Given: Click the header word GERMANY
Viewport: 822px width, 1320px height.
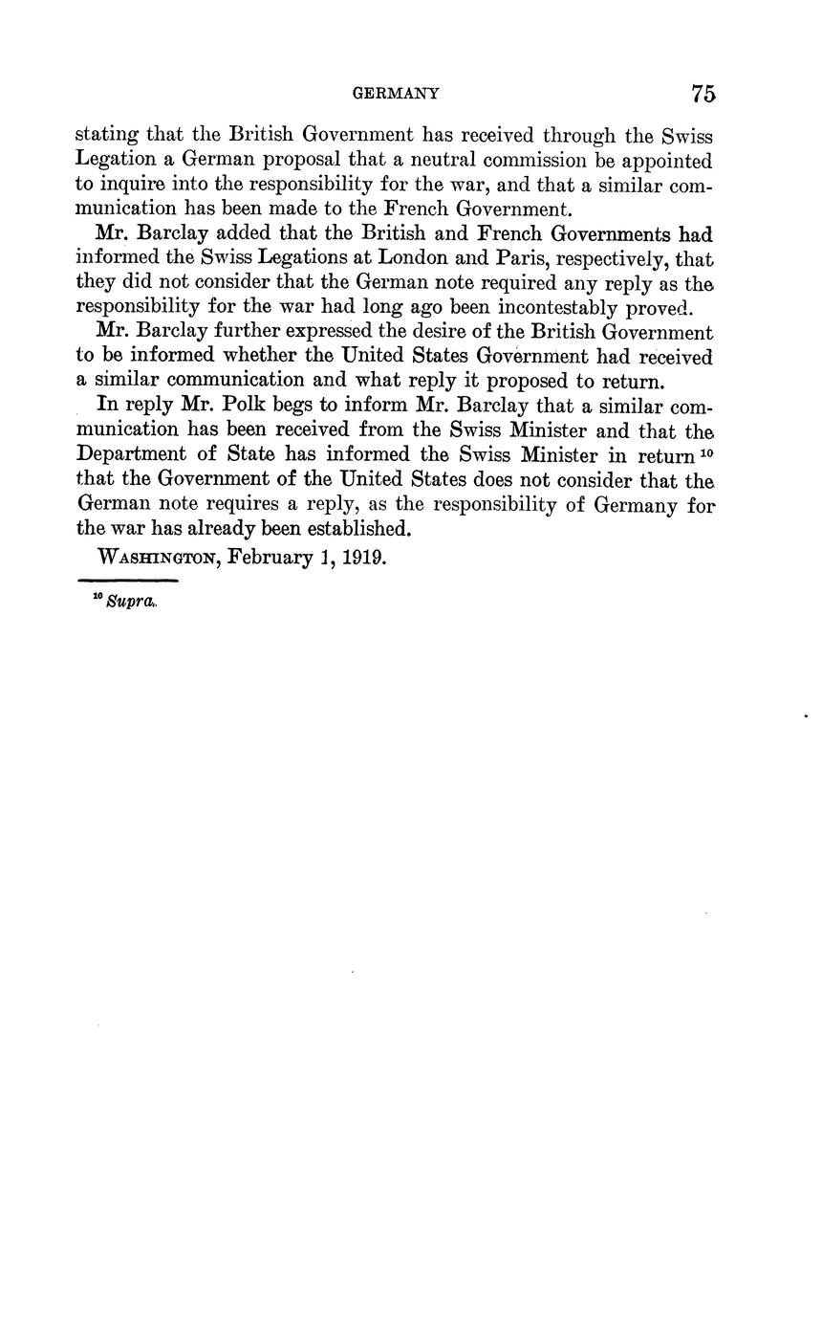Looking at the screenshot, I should pyautogui.click(x=396, y=94).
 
